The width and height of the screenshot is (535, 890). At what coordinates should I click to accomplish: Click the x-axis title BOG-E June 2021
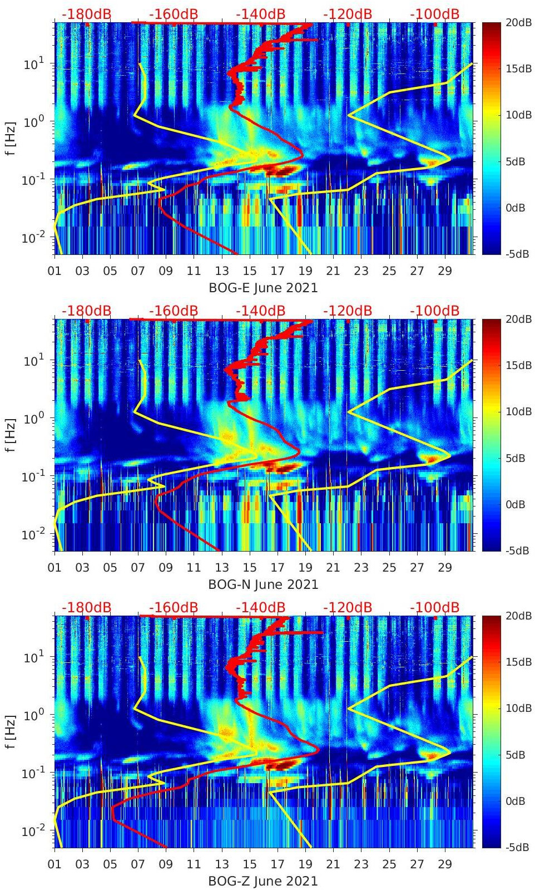click(x=263, y=288)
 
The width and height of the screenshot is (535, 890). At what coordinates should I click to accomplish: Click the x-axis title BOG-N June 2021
click(x=263, y=585)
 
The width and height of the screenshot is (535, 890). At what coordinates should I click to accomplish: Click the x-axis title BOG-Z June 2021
click(x=263, y=882)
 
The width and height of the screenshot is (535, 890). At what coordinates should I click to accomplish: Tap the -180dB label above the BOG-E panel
click(x=86, y=14)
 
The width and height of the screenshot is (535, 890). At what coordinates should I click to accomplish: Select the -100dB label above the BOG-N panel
click(x=434, y=311)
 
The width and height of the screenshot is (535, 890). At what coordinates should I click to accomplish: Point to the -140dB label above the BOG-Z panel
click(x=260, y=607)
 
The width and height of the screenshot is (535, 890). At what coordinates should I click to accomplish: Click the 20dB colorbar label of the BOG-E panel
click(x=518, y=22)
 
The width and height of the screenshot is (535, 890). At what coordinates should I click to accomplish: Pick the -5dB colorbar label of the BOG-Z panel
click(x=518, y=848)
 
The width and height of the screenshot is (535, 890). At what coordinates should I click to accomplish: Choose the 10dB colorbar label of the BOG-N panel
click(x=518, y=412)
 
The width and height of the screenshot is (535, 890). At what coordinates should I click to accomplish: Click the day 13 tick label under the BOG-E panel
click(x=222, y=271)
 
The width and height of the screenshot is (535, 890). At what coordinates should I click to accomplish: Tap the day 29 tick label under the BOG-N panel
click(x=445, y=568)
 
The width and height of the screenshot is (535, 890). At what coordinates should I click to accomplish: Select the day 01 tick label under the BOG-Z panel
click(x=55, y=864)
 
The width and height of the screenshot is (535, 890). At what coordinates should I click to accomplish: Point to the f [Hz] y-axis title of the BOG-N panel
click(x=11, y=435)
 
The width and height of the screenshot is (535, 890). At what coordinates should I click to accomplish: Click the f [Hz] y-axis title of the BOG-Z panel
click(x=11, y=732)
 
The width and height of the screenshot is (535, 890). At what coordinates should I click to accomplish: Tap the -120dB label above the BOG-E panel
click(x=348, y=14)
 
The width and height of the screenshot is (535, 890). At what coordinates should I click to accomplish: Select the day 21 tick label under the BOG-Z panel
click(x=333, y=864)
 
